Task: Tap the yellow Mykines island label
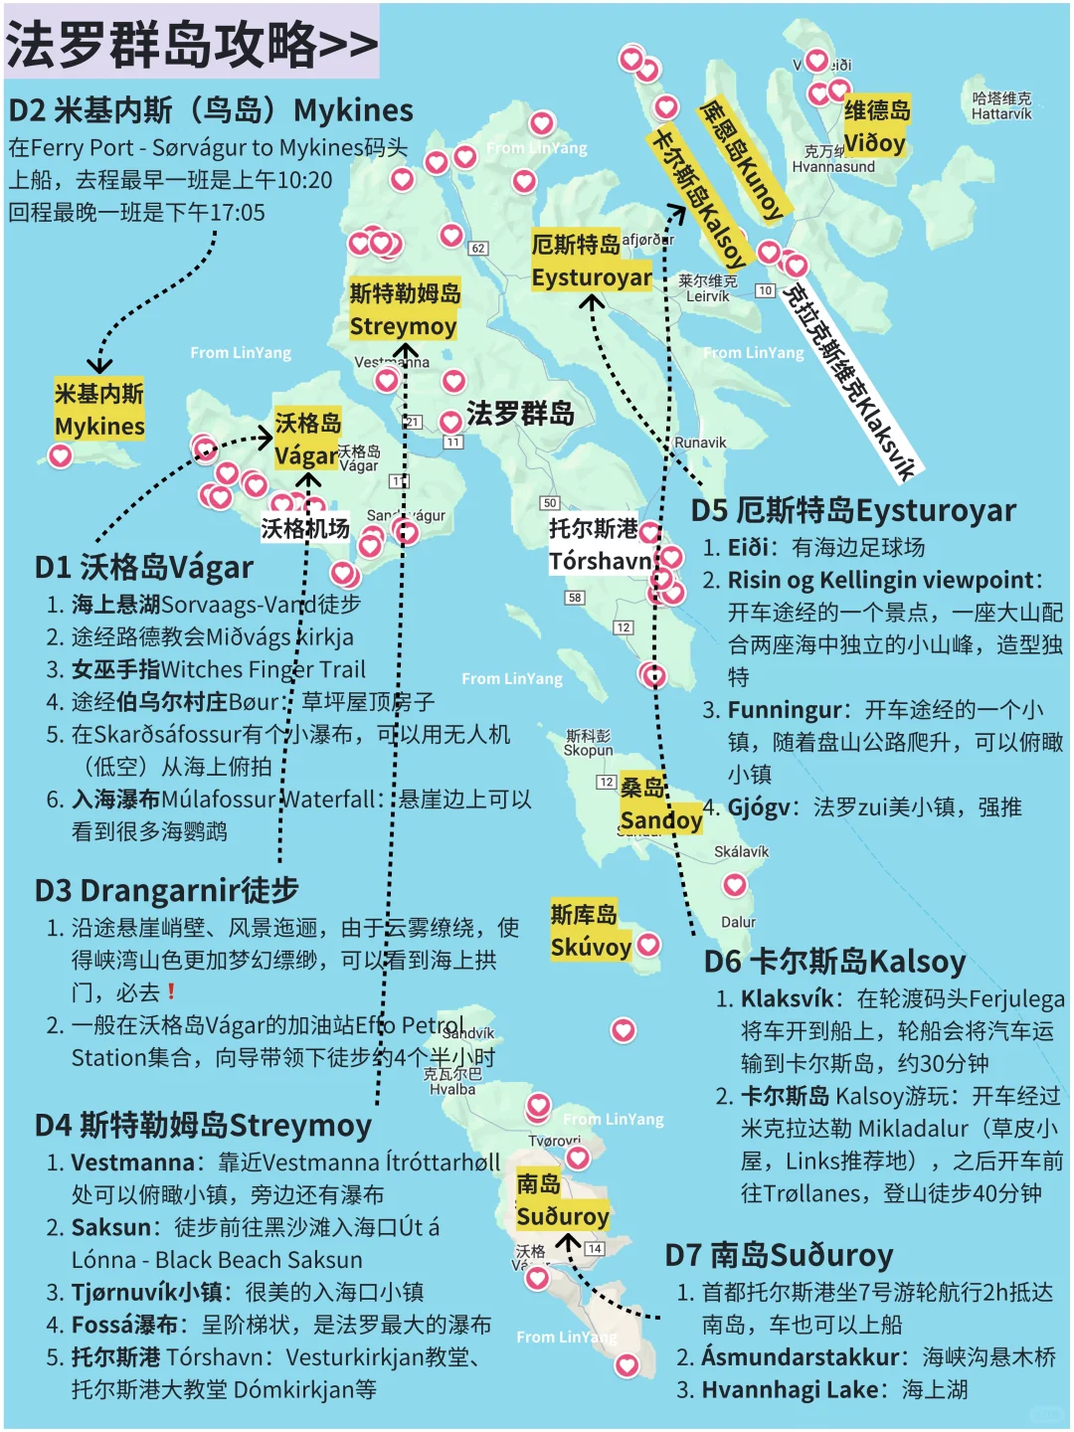point(99,410)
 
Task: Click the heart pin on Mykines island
point(61,455)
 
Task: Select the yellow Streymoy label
point(404,309)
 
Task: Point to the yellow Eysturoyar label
point(592,261)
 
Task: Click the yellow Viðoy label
point(876,126)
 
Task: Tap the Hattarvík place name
point(1001,106)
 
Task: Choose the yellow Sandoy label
point(659,805)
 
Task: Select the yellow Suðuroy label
point(562,1200)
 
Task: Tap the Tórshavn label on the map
point(600,545)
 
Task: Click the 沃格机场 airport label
point(305,528)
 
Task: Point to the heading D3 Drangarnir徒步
point(166,890)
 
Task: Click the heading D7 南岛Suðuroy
point(779,1255)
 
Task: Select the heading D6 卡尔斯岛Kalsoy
point(834,962)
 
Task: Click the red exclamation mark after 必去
point(172,991)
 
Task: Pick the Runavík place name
point(700,443)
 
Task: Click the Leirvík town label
point(707,289)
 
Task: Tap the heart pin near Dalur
point(734,884)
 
